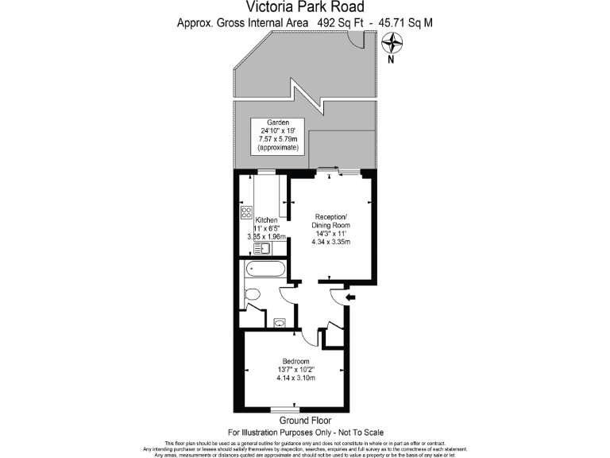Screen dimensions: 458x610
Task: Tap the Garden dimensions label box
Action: click(277, 136)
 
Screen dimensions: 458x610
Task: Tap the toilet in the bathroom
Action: click(253, 295)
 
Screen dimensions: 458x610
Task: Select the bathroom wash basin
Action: click(280, 323)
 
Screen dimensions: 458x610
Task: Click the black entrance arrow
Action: click(350, 297)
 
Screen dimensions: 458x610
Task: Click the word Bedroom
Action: click(295, 362)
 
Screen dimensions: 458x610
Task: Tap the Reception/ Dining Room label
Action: click(331, 221)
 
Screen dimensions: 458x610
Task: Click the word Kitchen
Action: click(265, 219)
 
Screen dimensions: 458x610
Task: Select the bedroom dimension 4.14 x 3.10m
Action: click(295, 378)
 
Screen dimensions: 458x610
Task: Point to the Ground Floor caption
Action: click(305, 421)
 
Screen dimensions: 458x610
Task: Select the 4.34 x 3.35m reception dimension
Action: click(331, 243)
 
